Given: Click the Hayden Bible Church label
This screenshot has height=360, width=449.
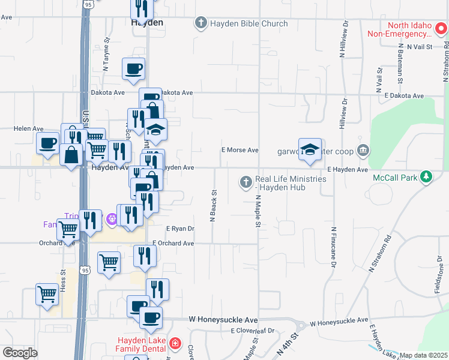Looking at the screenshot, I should tap(249, 24).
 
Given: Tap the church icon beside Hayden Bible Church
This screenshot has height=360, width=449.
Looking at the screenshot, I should tap(201, 24).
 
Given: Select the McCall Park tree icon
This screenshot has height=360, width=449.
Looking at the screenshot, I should tap(426, 177).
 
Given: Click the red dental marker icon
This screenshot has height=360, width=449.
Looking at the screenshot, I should tap(175, 344).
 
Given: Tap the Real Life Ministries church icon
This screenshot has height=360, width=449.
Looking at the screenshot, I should tap(246, 182).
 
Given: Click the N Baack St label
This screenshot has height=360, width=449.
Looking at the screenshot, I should tap(212, 206).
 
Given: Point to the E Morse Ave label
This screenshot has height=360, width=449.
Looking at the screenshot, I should tap(240, 150).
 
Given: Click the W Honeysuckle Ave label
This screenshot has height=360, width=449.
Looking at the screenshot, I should tap(223, 320).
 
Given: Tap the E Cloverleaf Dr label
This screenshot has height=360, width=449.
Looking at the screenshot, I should tap(252, 331).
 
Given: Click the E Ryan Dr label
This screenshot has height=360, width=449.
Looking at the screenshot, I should tap(180, 229).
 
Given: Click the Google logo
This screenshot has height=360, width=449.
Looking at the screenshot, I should tap(20, 353).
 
